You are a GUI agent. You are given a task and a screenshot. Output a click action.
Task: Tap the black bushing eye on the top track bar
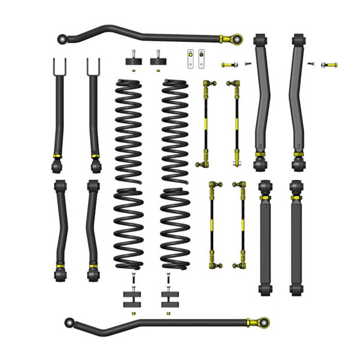(x=63, y=39)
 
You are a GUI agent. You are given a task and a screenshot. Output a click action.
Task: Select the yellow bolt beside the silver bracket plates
(x=228, y=64)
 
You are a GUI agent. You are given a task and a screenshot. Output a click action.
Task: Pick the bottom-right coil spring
(x=174, y=228)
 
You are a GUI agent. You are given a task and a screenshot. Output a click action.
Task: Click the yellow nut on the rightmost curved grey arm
(x=298, y=154)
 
